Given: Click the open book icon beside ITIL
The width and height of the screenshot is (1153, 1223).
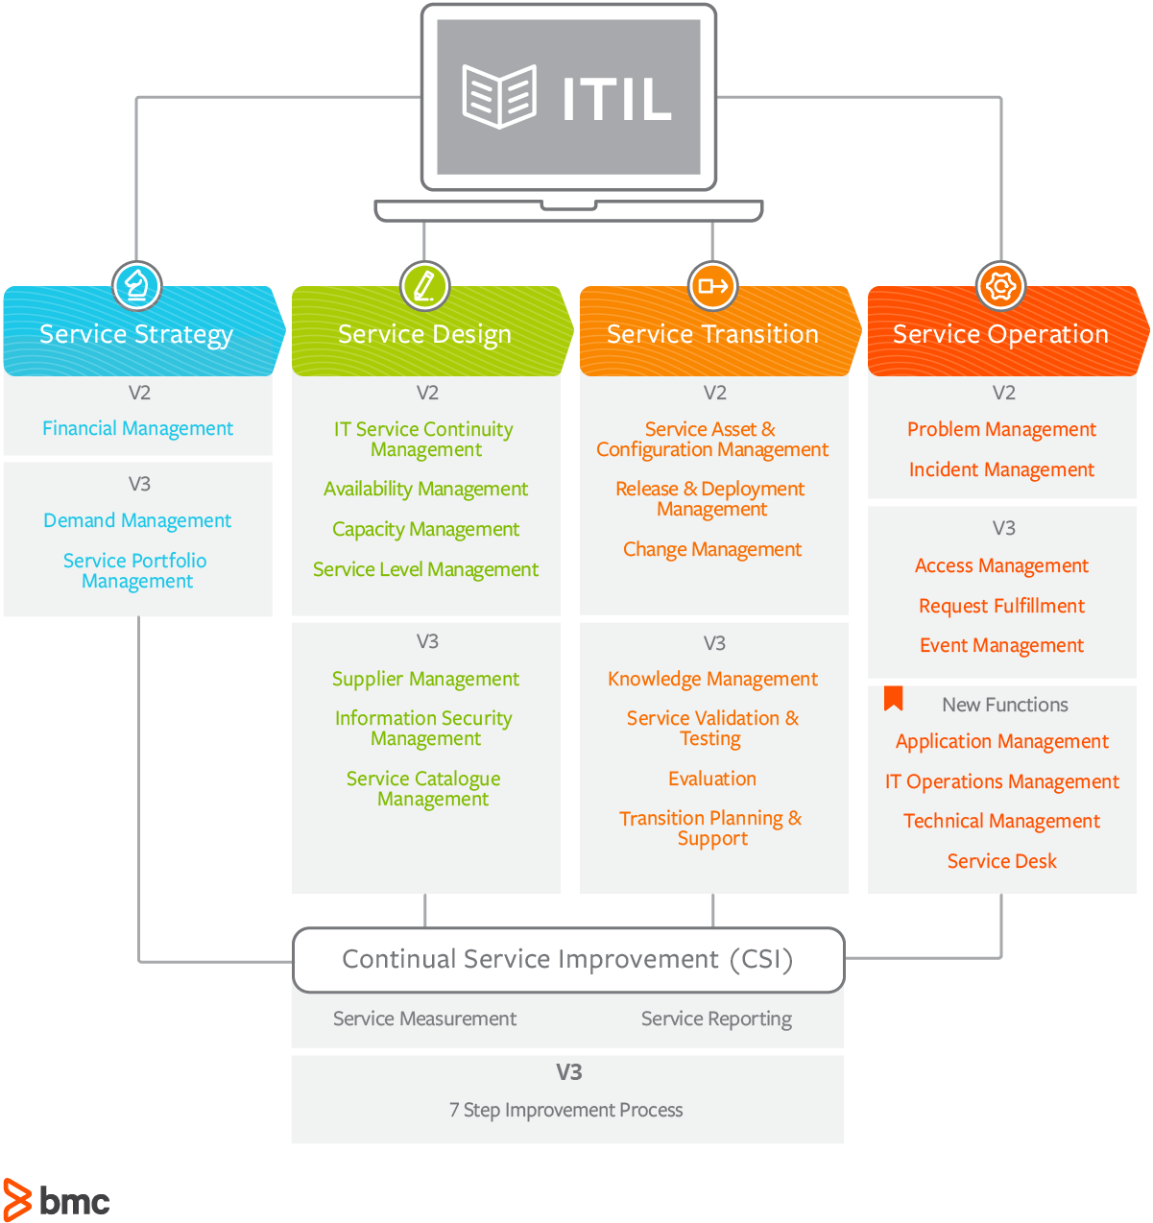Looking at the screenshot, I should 499,96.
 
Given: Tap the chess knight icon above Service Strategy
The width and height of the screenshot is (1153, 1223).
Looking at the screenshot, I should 136,285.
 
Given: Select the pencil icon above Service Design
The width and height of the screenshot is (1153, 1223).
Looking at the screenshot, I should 424,285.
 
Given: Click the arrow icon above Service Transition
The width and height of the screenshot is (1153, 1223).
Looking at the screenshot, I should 712,285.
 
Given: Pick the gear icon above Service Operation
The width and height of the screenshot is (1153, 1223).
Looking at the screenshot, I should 1000,285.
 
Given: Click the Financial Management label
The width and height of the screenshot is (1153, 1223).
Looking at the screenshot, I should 137,428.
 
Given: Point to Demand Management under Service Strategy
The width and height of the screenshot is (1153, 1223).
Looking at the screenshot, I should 137,520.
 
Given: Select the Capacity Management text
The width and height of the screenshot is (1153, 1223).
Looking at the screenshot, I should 425,529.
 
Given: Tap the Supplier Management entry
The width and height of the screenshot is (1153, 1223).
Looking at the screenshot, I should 425,679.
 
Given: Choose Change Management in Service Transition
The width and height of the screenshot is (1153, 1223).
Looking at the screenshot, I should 712,549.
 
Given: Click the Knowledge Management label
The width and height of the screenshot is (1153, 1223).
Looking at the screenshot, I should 712,679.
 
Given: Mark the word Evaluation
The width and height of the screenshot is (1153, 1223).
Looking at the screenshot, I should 712,779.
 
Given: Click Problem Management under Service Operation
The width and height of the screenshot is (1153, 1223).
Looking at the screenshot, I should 1001,429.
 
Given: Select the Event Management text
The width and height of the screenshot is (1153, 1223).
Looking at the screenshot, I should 1001,645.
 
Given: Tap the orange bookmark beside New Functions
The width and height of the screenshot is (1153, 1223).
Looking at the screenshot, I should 894,698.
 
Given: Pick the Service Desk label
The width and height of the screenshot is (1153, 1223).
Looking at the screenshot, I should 1001,861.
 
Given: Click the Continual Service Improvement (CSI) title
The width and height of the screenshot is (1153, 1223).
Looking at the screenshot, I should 567,959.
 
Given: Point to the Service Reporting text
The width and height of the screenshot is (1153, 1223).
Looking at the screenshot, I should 716,1019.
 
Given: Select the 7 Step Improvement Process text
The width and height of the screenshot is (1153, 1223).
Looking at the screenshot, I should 566,1110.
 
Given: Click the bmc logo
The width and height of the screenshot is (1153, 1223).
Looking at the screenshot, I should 57,1199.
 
